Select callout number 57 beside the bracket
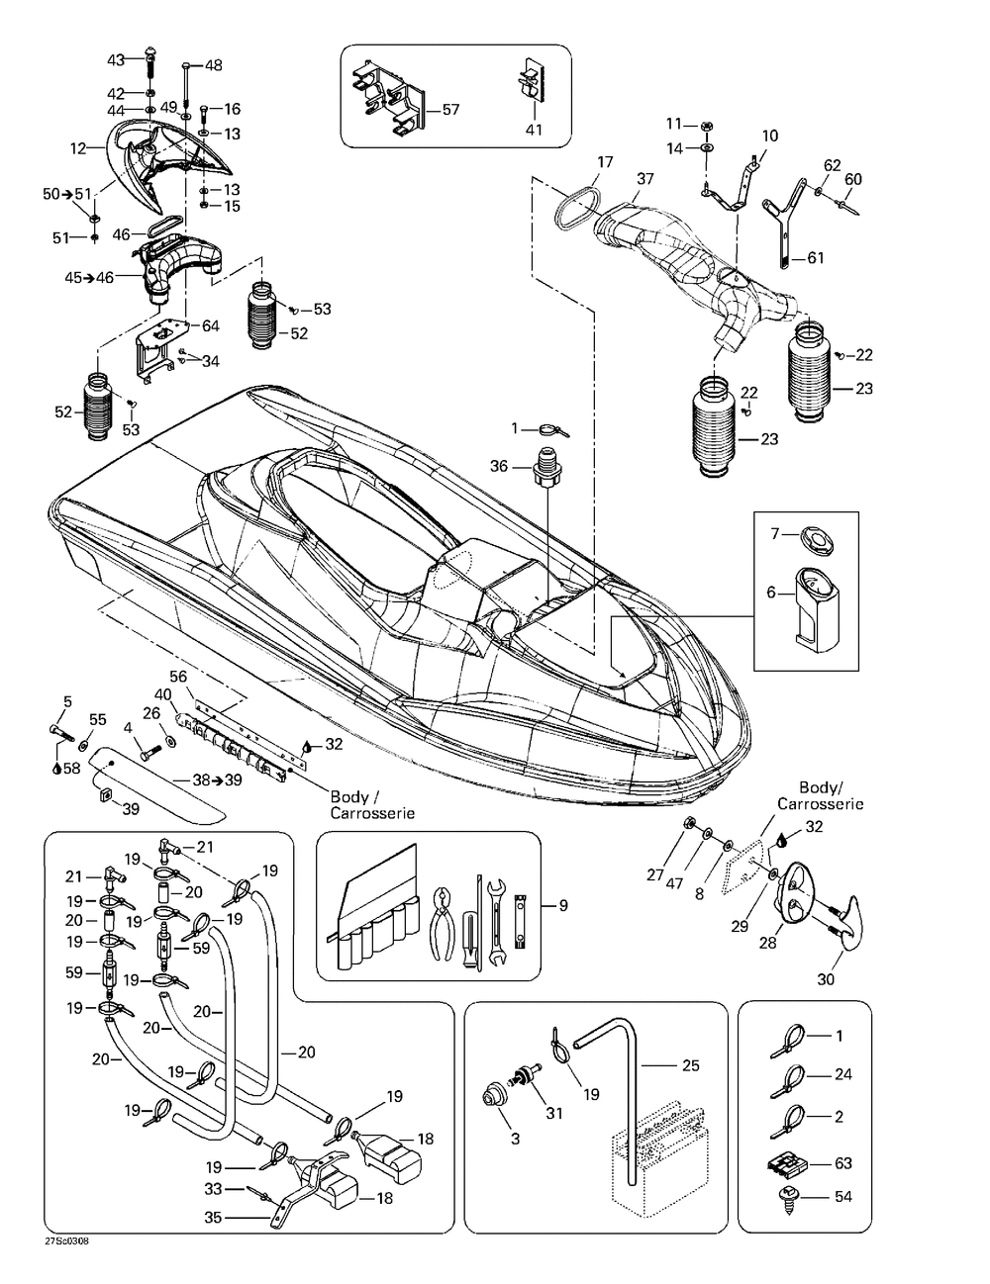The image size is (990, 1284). point(451,110)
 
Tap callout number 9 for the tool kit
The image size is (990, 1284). point(563,906)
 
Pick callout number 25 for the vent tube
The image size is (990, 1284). point(691,1064)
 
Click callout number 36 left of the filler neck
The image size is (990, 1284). point(499,466)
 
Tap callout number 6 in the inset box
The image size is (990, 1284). point(770,592)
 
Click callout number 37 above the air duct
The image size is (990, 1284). point(645,178)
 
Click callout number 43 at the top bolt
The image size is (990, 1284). point(116,59)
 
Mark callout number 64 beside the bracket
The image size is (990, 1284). point(211,325)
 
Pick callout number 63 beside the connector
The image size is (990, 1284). point(843,1163)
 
